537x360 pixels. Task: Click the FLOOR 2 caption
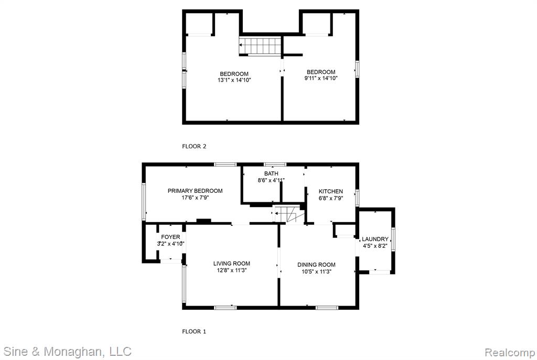tap(194, 147)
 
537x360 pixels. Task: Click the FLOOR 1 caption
tap(194, 332)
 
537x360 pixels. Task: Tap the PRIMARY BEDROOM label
tap(195, 191)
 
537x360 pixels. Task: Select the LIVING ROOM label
tap(231, 264)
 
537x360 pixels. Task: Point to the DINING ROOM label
tap(316, 265)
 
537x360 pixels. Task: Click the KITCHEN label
tap(331, 192)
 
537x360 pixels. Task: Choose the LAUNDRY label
tap(375, 239)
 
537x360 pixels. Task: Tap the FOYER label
tap(170, 237)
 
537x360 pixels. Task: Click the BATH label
tap(271, 174)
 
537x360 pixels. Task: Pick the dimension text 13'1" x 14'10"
tap(234, 80)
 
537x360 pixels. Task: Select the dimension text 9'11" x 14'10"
tap(321, 79)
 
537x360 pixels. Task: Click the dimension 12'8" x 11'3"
tap(231, 270)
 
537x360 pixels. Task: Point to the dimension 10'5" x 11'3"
tap(316, 272)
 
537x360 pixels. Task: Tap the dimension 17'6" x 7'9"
tap(195, 198)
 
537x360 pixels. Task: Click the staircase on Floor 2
tap(260, 46)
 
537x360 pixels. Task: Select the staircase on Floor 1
tap(289, 214)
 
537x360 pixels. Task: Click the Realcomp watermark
tap(510, 352)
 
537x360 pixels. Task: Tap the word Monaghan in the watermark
tap(72, 352)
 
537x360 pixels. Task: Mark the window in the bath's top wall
tap(275, 165)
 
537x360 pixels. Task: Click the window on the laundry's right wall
tap(393, 239)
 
